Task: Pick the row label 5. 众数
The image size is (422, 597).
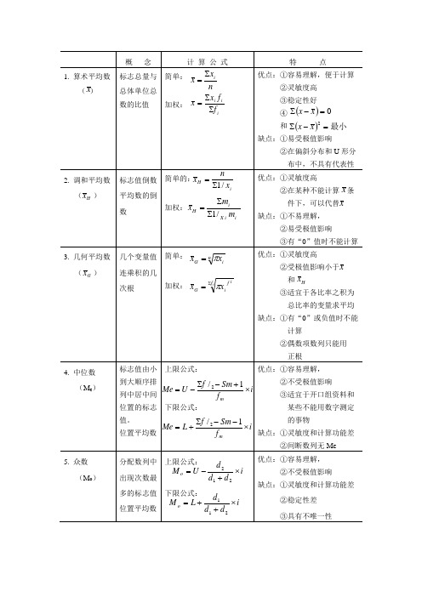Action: click(81, 462)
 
